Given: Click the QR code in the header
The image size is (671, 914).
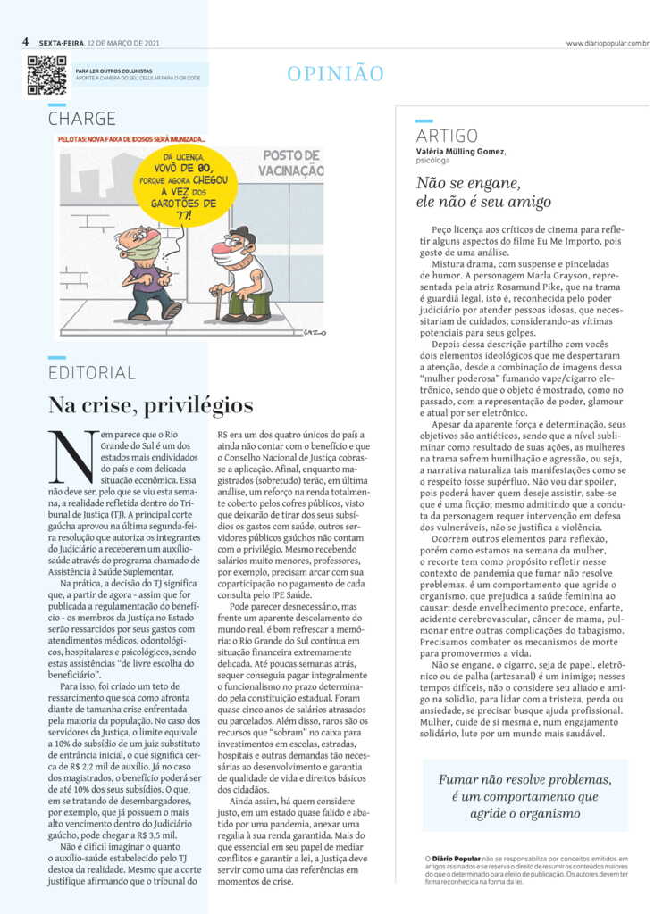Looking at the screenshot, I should click(x=46, y=75).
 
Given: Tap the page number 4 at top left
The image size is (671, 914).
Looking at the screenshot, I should click(x=27, y=42).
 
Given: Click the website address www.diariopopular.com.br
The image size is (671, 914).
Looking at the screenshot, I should click(x=607, y=43).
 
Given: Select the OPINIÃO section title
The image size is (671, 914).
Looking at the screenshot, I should click(x=335, y=74).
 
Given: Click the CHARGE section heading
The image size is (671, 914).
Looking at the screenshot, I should click(x=81, y=118).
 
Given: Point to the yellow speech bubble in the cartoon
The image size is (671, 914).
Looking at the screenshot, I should click(x=184, y=186).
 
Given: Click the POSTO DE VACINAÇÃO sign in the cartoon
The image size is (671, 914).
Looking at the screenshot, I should click(x=292, y=162).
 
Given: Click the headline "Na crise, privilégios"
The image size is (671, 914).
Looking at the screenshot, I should click(x=150, y=405).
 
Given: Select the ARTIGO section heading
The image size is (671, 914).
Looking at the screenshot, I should click(x=447, y=136).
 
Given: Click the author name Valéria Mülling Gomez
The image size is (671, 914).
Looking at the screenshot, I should click(x=461, y=151).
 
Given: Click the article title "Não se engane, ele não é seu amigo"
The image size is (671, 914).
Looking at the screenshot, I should click(x=483, y=192).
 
